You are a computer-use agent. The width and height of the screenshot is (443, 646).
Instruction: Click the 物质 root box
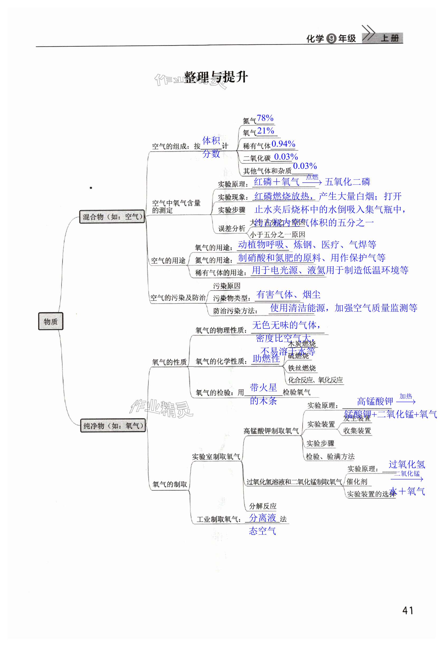pos(51,321)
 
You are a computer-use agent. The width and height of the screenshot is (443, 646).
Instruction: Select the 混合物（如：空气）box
pos(112,217)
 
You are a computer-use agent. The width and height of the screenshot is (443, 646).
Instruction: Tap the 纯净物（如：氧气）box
pos(113,425)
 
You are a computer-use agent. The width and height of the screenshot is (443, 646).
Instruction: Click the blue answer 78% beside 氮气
pos(265,118)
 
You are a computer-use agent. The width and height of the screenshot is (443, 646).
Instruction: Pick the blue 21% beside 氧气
pos(266,131)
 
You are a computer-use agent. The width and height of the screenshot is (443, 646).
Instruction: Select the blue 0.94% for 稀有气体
pos(283,144)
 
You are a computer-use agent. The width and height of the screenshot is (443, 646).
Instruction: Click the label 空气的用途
pos(168,260)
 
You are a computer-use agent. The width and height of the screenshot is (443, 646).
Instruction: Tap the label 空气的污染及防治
pos(178,298)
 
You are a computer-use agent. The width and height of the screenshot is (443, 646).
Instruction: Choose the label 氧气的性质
pos(169,362)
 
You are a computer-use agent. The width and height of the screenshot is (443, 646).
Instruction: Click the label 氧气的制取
pos(170,484)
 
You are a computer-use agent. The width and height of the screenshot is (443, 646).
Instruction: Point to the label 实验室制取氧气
pos(216,457)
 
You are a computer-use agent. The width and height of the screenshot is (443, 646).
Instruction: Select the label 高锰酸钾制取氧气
pos(271,431)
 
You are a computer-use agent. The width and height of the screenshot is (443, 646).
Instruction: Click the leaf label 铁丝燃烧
pos(302,368)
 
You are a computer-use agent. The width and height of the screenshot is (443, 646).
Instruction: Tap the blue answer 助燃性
pos(266,359)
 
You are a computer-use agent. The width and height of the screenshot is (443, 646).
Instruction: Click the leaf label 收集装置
pos(357,431)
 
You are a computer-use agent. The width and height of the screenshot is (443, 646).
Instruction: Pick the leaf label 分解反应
pos(262,506)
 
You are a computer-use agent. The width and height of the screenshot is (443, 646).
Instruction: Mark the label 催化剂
pos(357,481)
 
